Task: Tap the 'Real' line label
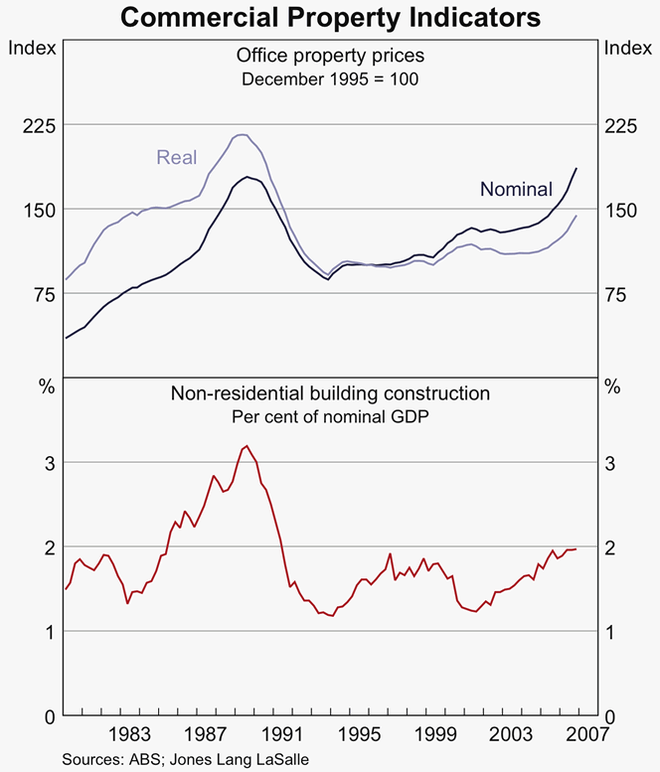(x=177, y=157)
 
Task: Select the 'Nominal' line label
(x=516, y=189)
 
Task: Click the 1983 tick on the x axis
(x=130, y=736)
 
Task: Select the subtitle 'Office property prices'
(x=331, y=56)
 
